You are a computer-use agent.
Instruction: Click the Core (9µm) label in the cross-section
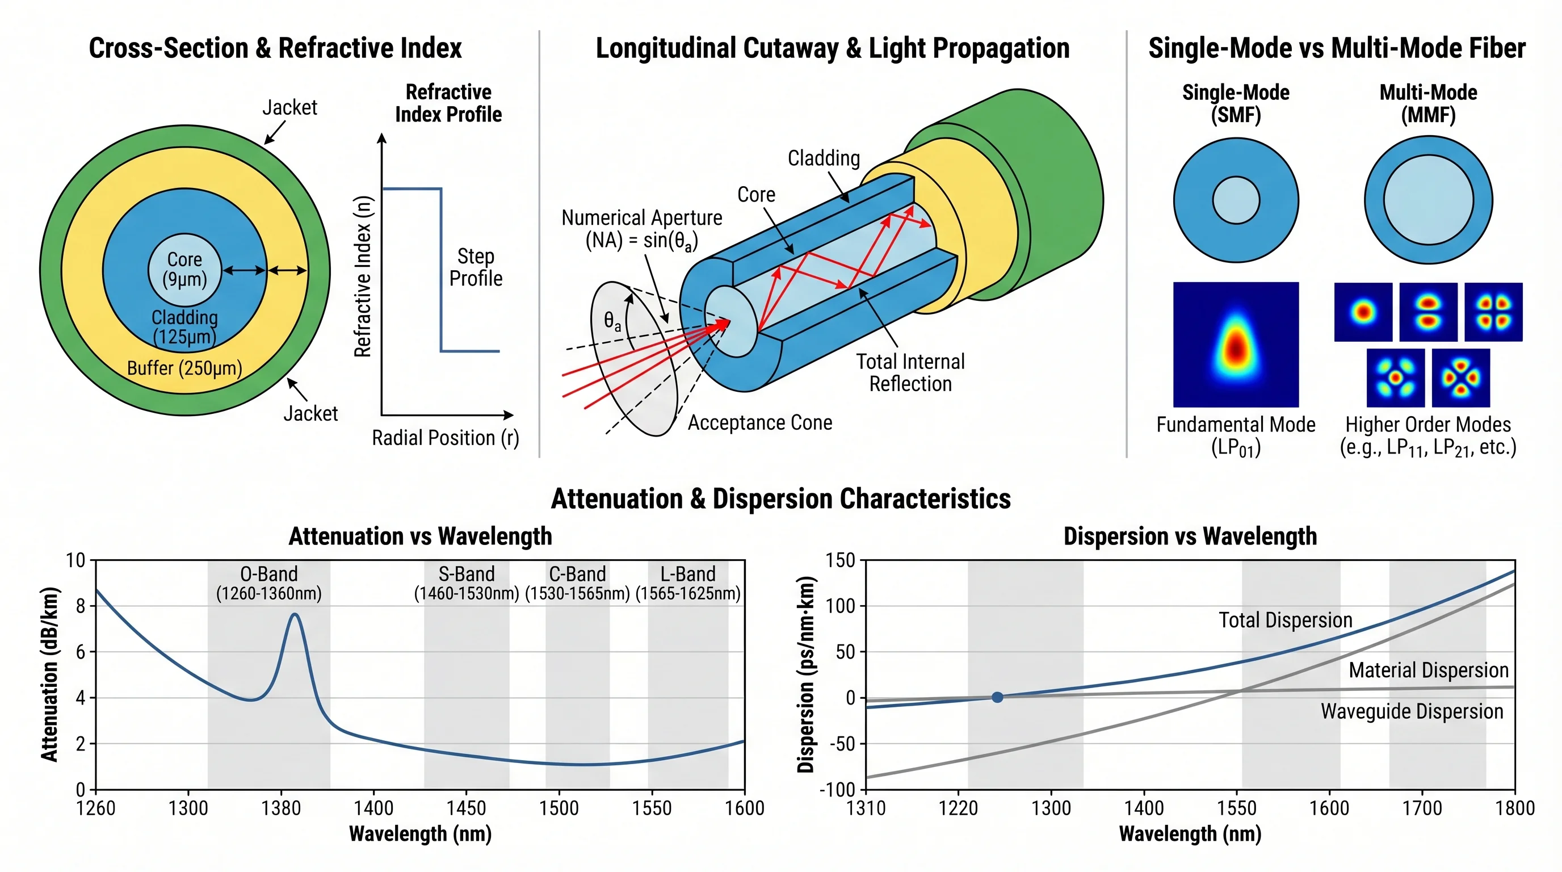[x=184, y=269]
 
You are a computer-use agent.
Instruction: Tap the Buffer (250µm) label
[x=184, y=368]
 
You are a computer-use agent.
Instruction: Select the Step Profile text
[x=476, y=267]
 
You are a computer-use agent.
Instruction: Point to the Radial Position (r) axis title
[x=445, y=438]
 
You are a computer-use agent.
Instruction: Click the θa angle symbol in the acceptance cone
[x=612, y=321]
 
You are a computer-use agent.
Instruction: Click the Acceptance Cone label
[x=759, y=423]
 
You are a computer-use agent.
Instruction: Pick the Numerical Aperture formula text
[x=641, y=229]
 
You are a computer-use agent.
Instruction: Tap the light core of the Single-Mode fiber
[x=1236, y=200]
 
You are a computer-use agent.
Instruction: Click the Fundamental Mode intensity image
[x=1236, y=345]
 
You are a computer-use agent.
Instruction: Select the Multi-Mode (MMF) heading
[x=1428, y=103]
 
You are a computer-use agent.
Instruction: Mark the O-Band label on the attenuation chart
[x=268, y=582]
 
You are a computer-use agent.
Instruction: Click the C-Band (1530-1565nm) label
[x=577, y=582]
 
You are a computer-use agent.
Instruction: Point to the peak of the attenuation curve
[x=295, y=614]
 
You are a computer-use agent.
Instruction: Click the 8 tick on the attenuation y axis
[x=81, y=606]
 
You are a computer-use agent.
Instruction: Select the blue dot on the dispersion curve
[x=997, y=697]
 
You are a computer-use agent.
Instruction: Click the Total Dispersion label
[x=1286, y=620]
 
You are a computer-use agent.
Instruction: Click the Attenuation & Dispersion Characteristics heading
[x=780, y=498]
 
